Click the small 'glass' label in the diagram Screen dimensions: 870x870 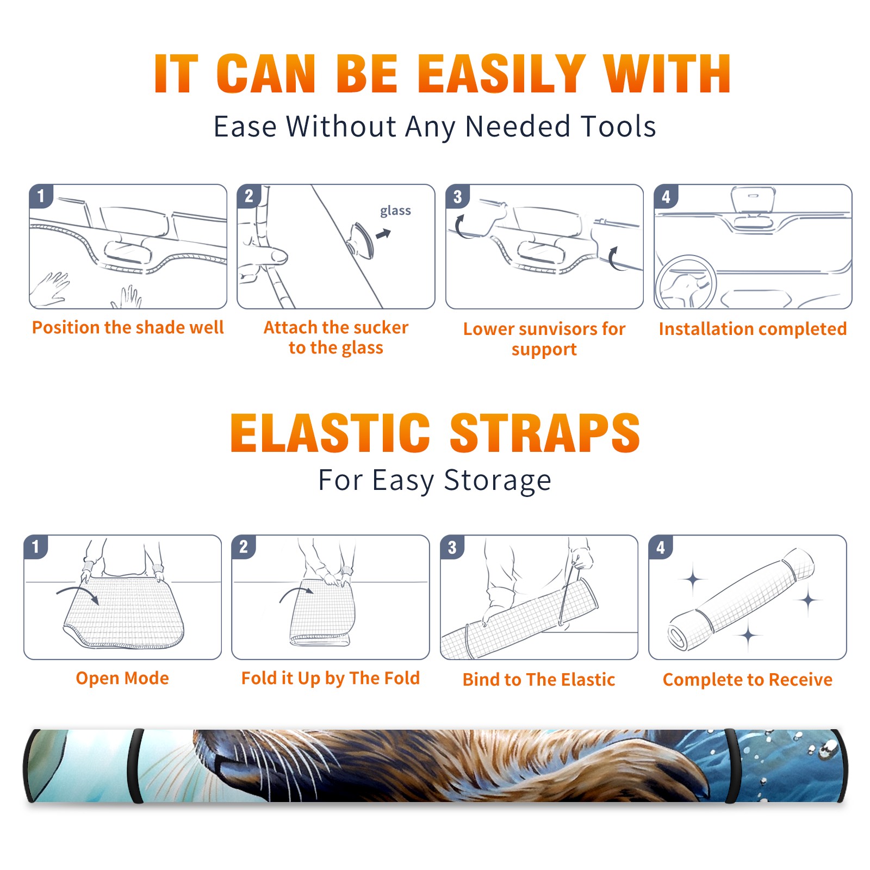[395, 211]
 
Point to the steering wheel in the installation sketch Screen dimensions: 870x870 [685, 283]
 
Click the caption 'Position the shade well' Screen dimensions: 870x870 [128, 327]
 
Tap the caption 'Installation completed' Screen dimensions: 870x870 [753, 329]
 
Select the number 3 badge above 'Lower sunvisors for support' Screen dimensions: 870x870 [457, 196]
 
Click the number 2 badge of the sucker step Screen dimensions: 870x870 [248, 196]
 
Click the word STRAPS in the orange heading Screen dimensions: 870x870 [545, 433]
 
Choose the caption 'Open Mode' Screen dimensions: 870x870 [122, 678]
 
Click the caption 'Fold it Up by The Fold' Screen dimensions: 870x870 [331, 678]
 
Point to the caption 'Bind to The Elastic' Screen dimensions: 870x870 [539, 680]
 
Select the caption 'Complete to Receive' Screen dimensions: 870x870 [748, 680]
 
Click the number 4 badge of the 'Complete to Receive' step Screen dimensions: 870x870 [661, 547]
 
